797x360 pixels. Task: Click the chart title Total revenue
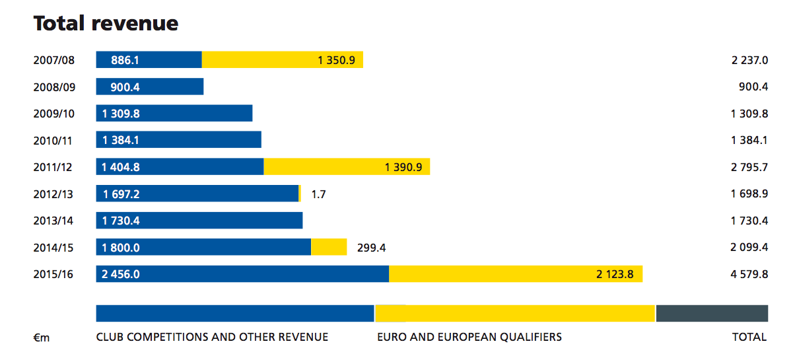coord(106,24)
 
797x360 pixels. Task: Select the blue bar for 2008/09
coord(150,87)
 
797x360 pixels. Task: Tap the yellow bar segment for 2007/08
coord(282,60)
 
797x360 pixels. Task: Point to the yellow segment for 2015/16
coord(515,274)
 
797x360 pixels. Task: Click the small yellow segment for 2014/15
coord(329,247)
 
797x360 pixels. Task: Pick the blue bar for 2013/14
coord(199,221)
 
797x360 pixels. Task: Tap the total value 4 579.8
coord(749,274)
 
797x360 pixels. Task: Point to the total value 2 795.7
coord(749,167)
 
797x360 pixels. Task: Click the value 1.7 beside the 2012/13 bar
coord(318,194)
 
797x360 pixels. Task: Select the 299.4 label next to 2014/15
coord(370,248)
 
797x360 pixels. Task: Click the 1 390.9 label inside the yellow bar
coord(403,167)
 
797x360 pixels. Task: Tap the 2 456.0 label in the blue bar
coord(121,274)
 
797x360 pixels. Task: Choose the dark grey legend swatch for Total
coord(712,313)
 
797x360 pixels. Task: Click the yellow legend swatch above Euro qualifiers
coord(515,313)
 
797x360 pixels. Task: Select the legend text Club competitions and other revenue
coord(212,337)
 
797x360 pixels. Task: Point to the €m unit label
coord(42,338)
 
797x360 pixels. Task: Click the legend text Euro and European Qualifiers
coord(469,337)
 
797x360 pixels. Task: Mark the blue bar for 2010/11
coord(179,140)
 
